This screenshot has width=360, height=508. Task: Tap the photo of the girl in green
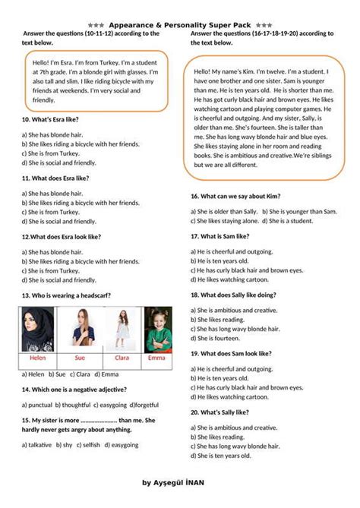click(x=157, y=328)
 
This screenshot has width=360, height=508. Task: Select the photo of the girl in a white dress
click(x=122, y=328)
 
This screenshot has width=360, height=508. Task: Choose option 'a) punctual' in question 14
click(x=37, y=405)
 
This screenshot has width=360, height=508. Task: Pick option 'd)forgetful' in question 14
click(x=144, y=405)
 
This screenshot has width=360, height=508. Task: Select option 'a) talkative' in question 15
click(x=37, y=445)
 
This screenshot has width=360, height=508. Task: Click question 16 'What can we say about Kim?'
click(x=235, y=196)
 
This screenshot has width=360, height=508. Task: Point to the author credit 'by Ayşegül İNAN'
click(x=179, y=482)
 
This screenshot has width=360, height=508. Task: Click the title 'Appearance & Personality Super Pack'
click(x=180, y=25)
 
